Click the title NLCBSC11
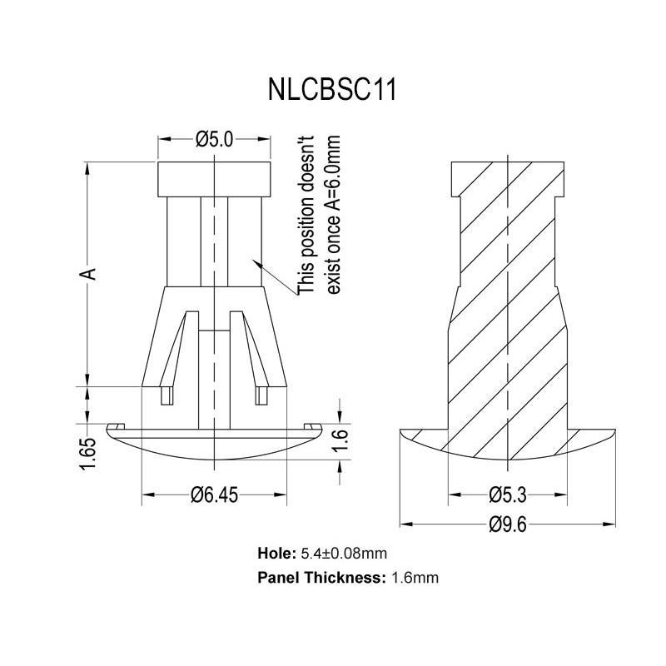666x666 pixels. coord(332,89)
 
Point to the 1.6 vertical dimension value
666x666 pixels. coord(340,436)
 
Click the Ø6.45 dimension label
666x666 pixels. coord(215,496)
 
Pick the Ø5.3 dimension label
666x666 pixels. coord(508,496)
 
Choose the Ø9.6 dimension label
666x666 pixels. coord(508,524)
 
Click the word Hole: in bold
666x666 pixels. coord(276,553)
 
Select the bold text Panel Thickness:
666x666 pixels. coord(322,577)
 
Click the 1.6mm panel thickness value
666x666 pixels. coord(415,577)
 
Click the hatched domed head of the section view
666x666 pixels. coord(508,446)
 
